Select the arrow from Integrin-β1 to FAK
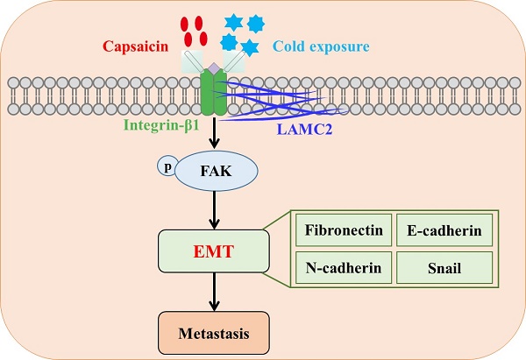pos(214,131)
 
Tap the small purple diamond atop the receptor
pos(214,67)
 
